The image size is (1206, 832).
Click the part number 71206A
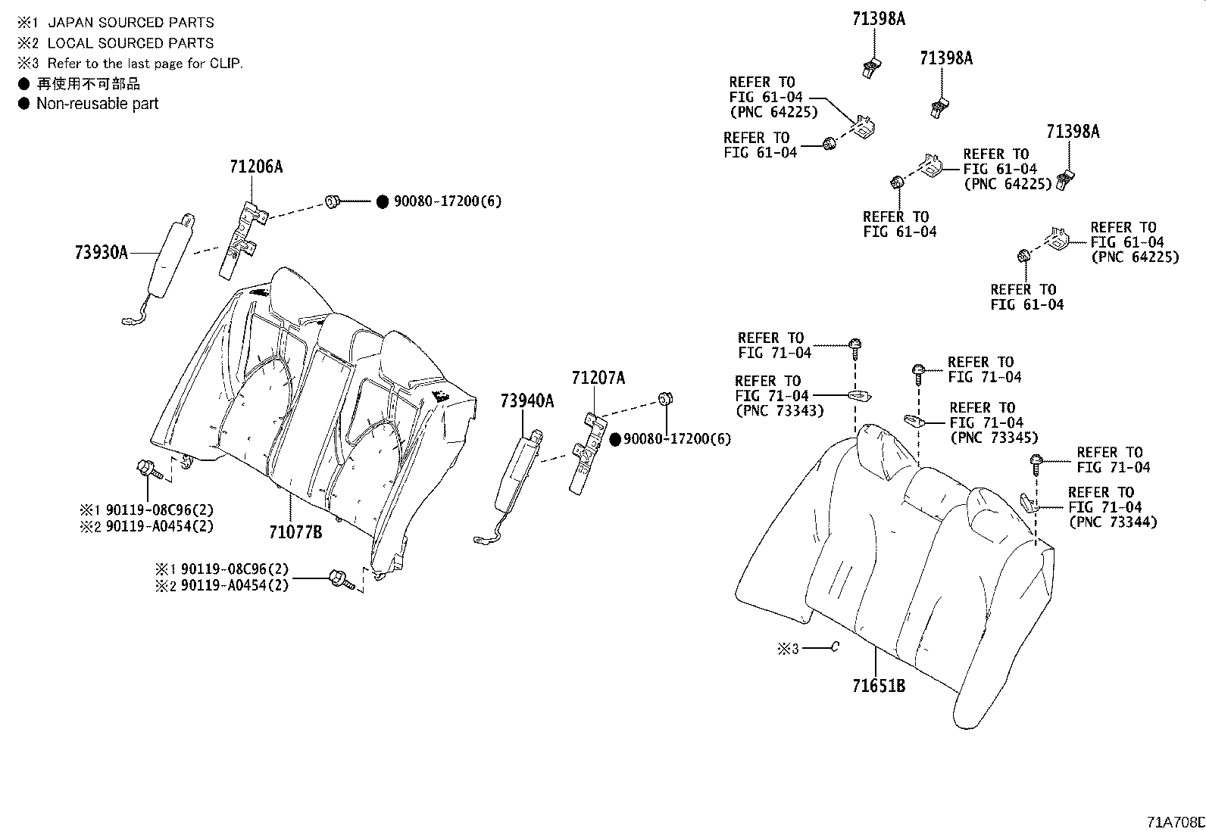[x=256, y=167]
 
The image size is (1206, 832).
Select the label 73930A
[x=102, y=252]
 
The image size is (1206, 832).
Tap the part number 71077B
[x=295, y=532]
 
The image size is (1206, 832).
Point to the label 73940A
[x=526, y=401]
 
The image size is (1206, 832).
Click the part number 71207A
[x=598, y=378]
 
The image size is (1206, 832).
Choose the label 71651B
[x=879, y=687]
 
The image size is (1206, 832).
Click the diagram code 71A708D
[x=1175, y=822]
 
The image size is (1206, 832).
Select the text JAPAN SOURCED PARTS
[x=130, y=23]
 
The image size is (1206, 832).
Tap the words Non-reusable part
[x=97, y=104]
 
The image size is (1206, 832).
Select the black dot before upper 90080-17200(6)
[x=383, y=201]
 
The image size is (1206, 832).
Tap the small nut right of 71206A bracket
[x=331, y=201]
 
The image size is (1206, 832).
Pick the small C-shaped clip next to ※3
[x=834, y=647]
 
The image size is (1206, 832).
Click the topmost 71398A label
[x=878, y=20]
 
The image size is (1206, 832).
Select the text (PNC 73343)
[x=779, y=411]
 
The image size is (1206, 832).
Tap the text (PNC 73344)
[x=1113, y=522]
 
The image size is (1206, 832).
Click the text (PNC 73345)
[x=994, y=438]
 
